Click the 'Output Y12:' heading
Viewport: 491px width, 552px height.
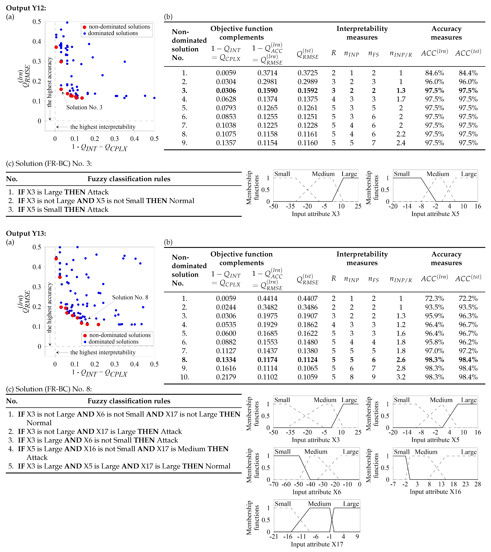(x=26, y=8)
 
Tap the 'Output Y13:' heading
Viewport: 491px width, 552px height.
(x=26, y=233)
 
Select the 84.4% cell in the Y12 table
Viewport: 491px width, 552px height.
(x=468, y=73)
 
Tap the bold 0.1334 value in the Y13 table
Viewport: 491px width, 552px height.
(x=226, y=360)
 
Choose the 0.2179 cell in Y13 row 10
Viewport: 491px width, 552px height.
(x=226, y=377)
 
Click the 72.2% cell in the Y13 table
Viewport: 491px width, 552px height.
(x=468, y=298)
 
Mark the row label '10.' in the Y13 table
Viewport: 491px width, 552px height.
(x=185, y=377)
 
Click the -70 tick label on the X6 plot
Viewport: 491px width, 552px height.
(x=274, y=484)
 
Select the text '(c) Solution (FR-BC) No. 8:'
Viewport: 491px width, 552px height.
(x=49, y=389)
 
